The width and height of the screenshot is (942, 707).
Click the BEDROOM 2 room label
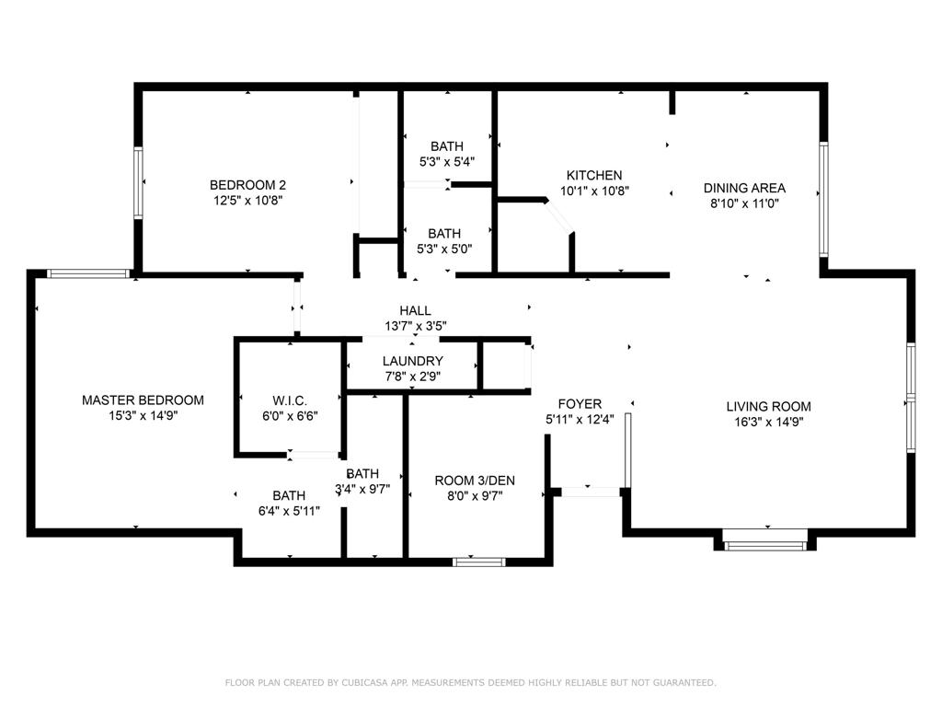[x=241, y=183]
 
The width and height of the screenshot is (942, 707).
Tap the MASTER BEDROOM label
[x=143, y=400]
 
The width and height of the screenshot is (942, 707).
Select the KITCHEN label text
[x=593, y=175]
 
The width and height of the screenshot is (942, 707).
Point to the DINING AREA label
[x=744, y=188]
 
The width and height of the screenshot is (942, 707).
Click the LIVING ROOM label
[x=768, y=406]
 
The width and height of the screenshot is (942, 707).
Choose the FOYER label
[x=580, y=403]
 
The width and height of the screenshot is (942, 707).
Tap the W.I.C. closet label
[x=290, y=400]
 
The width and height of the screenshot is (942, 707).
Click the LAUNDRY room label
[x=413, y=361]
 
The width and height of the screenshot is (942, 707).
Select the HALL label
[x=415, y=310]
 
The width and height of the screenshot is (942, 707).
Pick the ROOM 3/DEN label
[x=475, y=480]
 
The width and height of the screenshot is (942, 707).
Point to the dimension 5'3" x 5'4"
[x=447, y=161]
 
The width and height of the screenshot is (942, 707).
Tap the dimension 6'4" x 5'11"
[x=289, y=511]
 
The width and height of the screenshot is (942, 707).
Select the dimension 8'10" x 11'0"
[x=744, y=203]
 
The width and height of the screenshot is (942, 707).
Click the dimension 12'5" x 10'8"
[x=241, y=199]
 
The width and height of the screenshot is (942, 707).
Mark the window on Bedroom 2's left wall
[x=139, y=183]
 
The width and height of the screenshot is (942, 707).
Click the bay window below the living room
[x=765, y=543]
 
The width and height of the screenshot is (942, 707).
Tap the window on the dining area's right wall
[x=823, y=199]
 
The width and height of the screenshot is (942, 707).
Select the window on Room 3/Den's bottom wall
[x=478, y=561]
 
